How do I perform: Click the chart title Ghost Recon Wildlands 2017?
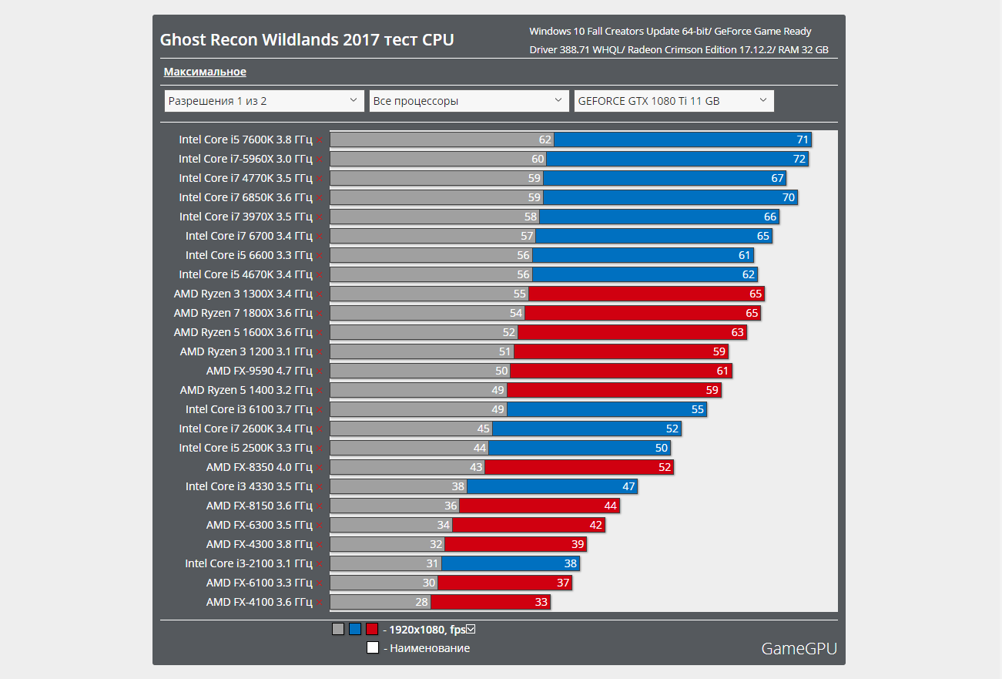307,39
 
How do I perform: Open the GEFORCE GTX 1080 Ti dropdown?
673,101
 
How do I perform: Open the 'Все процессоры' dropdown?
468,101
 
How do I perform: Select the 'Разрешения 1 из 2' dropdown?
264,101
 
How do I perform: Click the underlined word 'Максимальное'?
205,72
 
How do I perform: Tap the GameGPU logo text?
799,648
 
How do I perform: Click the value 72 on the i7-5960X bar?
799,159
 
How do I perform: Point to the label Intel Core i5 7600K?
246,139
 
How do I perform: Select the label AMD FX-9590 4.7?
259,371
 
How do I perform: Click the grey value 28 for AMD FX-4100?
421,602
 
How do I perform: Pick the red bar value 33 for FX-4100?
541,602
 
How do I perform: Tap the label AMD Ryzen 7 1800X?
243,313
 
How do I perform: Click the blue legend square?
355,629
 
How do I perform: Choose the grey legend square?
338,629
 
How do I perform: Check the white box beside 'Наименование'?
373,648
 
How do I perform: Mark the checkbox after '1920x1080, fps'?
471,629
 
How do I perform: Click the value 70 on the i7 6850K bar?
788,197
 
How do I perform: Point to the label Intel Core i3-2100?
248,563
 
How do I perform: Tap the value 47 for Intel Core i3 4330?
628,486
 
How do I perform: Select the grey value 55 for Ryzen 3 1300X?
519,294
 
